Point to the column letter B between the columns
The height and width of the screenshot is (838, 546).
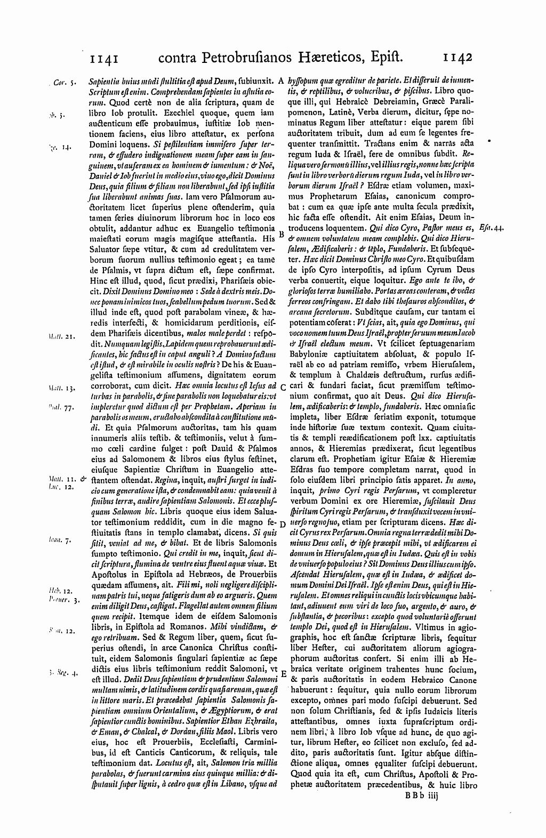coord(282,233)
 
